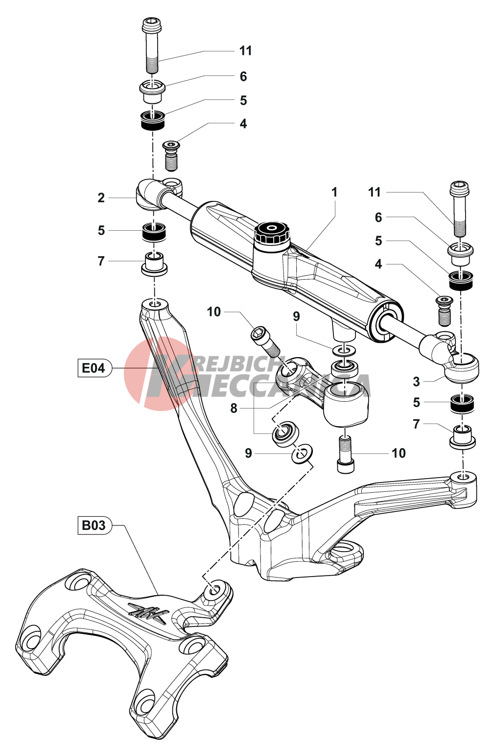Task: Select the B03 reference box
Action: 94,526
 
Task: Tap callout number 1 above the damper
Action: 334,192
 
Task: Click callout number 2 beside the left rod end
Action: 101,198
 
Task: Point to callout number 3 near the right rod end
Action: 416,382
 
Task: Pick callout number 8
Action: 234,408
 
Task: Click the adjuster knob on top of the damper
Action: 271,232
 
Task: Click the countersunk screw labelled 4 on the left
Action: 171,155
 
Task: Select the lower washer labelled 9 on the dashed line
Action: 303,453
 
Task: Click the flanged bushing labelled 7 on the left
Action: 154,264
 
